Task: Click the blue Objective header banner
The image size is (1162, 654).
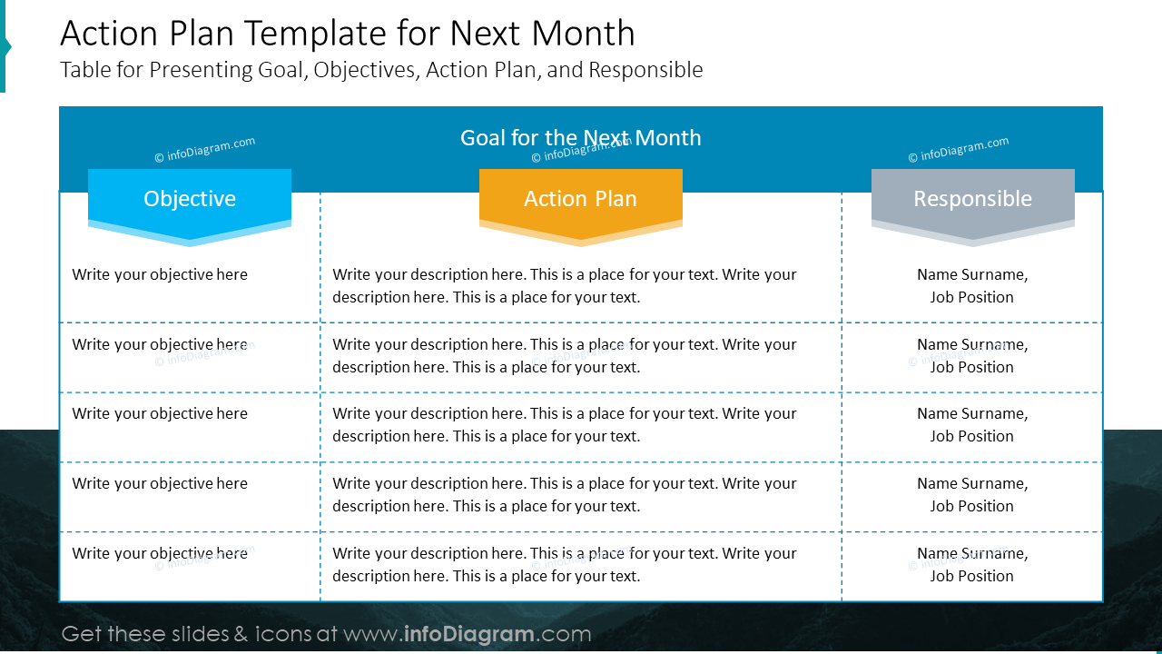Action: [x=190, y=200]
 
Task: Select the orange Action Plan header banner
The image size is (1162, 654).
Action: [x=580, y=200]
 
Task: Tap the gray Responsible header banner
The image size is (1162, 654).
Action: [x=972, y=200]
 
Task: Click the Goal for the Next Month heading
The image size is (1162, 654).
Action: [x=580, y=138]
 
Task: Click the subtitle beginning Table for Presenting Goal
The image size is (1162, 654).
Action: [x=381, y=70]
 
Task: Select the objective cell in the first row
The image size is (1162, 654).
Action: [x=160, y=274]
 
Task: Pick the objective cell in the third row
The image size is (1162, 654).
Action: [x=160, y=413]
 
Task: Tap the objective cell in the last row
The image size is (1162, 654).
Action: [x=160, y=553]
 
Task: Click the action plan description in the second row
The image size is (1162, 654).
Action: [x=564, y=355]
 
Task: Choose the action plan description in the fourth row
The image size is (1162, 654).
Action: [x=564, y=494]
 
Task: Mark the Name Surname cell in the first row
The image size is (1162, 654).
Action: [x=972, y=285]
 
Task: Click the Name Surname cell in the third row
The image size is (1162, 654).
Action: [x=972, y=424]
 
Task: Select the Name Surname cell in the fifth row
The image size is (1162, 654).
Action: [x=972, y=564]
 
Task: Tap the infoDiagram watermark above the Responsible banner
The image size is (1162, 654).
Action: [x=958, y=150]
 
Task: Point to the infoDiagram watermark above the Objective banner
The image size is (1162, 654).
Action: [x=204, y=150]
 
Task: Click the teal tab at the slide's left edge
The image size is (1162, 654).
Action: [x=4, y=45]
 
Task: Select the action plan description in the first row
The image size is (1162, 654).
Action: [x=564, y=285]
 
